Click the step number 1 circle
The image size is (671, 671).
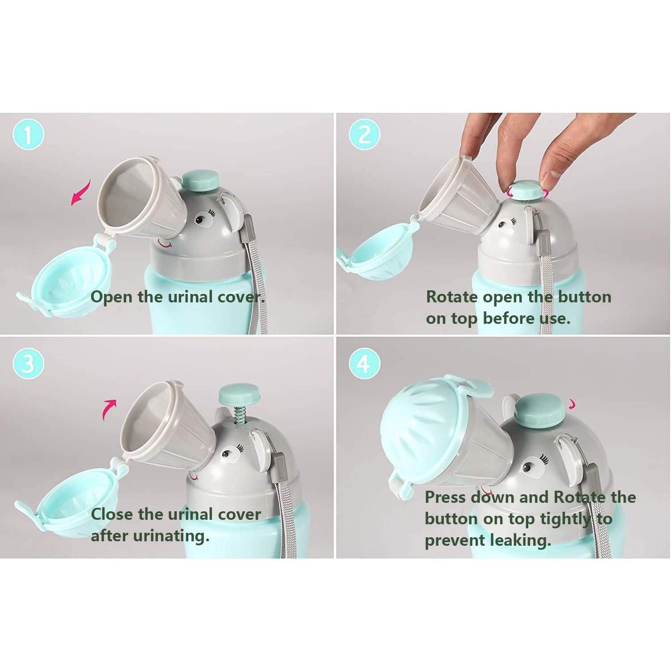(x=29, y=135)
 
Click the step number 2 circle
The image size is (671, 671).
(x=364, y=135)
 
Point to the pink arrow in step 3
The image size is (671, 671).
(x=109, y=409)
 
